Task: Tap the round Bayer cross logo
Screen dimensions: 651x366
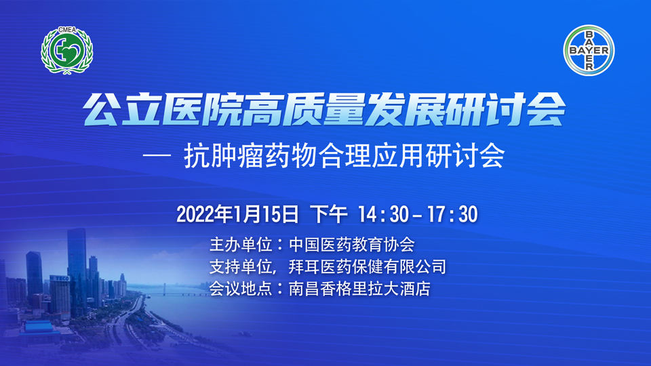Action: pos(589,50)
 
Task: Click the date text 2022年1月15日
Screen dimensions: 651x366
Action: pos(237,214)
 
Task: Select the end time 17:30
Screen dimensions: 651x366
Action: pos(452,215)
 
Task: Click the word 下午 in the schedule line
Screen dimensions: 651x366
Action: pos(329,214)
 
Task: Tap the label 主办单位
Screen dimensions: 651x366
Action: pos(241,245)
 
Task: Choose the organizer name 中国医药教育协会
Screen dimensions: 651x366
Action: pos(352,245)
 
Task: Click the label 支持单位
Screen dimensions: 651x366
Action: pos(241,266)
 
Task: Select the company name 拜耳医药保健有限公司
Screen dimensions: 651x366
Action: pos(368,266)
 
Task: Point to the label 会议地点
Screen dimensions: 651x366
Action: pos(241,289)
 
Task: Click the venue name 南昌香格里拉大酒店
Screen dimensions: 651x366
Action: pos(359,289)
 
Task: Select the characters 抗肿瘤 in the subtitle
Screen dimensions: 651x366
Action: pos(224,156)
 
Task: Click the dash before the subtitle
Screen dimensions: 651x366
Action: pos(157,156)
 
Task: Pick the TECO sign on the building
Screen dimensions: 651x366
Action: pos(60,278)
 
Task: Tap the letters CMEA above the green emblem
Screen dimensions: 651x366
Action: pos(67,30)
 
